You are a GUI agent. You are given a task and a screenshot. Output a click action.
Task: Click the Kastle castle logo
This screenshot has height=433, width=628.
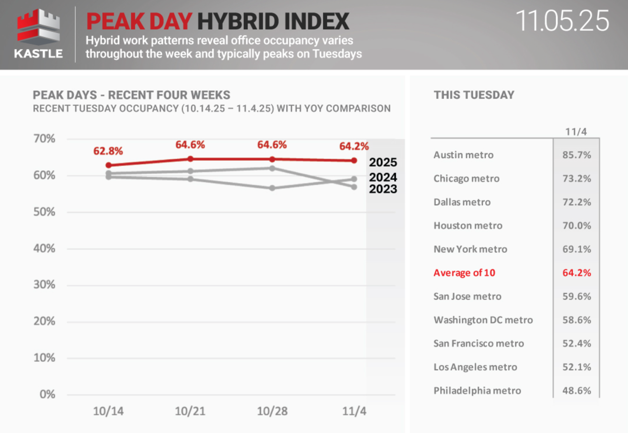point(38,28)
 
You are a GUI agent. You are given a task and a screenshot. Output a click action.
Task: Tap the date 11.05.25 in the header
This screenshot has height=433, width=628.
point(562,21)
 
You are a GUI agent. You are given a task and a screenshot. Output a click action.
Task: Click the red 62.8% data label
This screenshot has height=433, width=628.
point(108,151)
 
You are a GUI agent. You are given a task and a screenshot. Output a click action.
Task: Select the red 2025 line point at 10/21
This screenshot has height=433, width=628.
point(190,159)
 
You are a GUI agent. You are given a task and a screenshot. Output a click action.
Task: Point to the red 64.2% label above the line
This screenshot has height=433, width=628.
point(354,146)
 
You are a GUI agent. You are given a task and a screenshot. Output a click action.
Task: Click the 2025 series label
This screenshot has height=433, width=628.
point(383,162)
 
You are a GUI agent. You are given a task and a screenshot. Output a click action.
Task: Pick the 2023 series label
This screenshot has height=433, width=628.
point(383,189)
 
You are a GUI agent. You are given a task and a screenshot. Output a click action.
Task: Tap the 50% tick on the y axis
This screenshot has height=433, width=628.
point(44,212)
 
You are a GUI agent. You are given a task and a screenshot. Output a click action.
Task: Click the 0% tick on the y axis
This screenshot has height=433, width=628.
point(47,394)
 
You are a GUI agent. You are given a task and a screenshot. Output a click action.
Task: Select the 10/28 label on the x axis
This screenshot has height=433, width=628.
point(272,411)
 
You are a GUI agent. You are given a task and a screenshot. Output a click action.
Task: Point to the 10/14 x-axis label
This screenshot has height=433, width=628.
point(108,411)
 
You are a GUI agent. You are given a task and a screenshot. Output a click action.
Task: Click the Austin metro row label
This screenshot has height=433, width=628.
point(463,155)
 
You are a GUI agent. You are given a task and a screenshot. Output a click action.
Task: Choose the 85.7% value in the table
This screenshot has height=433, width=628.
point(577,155)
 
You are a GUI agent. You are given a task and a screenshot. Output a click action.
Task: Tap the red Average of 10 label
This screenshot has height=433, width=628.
point(464,273)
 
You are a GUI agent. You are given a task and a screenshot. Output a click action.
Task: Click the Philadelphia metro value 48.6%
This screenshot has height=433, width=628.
point(577,390)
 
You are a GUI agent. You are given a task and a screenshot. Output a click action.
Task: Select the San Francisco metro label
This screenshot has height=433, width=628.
point(479,343)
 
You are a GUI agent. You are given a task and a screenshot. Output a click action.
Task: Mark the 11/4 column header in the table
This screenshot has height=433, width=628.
point(576,132)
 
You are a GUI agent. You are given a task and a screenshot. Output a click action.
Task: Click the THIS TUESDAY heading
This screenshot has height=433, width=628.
point(474,95)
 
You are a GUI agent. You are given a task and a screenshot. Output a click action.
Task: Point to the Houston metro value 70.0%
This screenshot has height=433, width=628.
point(577,226)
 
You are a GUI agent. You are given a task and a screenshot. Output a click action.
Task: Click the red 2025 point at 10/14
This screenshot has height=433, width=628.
point(109,165)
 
